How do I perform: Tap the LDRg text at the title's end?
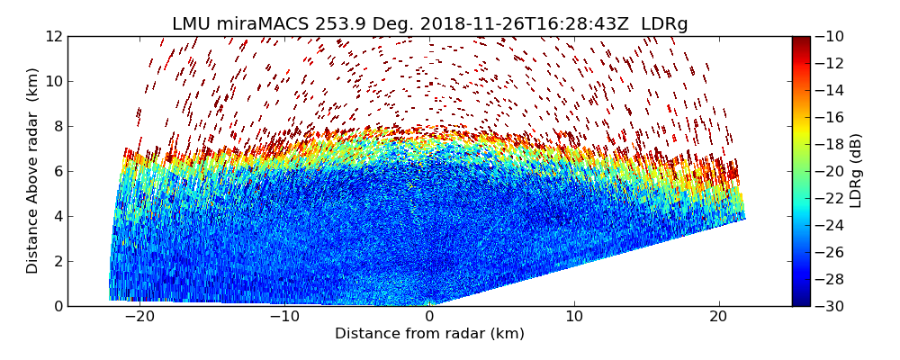tap(664, 24)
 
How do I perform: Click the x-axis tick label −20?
tap(139, 317)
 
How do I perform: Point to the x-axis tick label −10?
tap(284, 317)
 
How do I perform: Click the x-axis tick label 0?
tap(429, 317)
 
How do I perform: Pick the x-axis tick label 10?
tap(574, 317)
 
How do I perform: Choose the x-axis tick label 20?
tap(719, 317)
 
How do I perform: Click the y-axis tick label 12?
tap(54, 36)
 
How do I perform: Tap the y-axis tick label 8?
tap(58, 126)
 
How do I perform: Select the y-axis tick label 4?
tap(58, 216)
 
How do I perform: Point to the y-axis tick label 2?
tap(58, 261)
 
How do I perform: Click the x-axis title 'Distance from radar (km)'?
tap(429, 334)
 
